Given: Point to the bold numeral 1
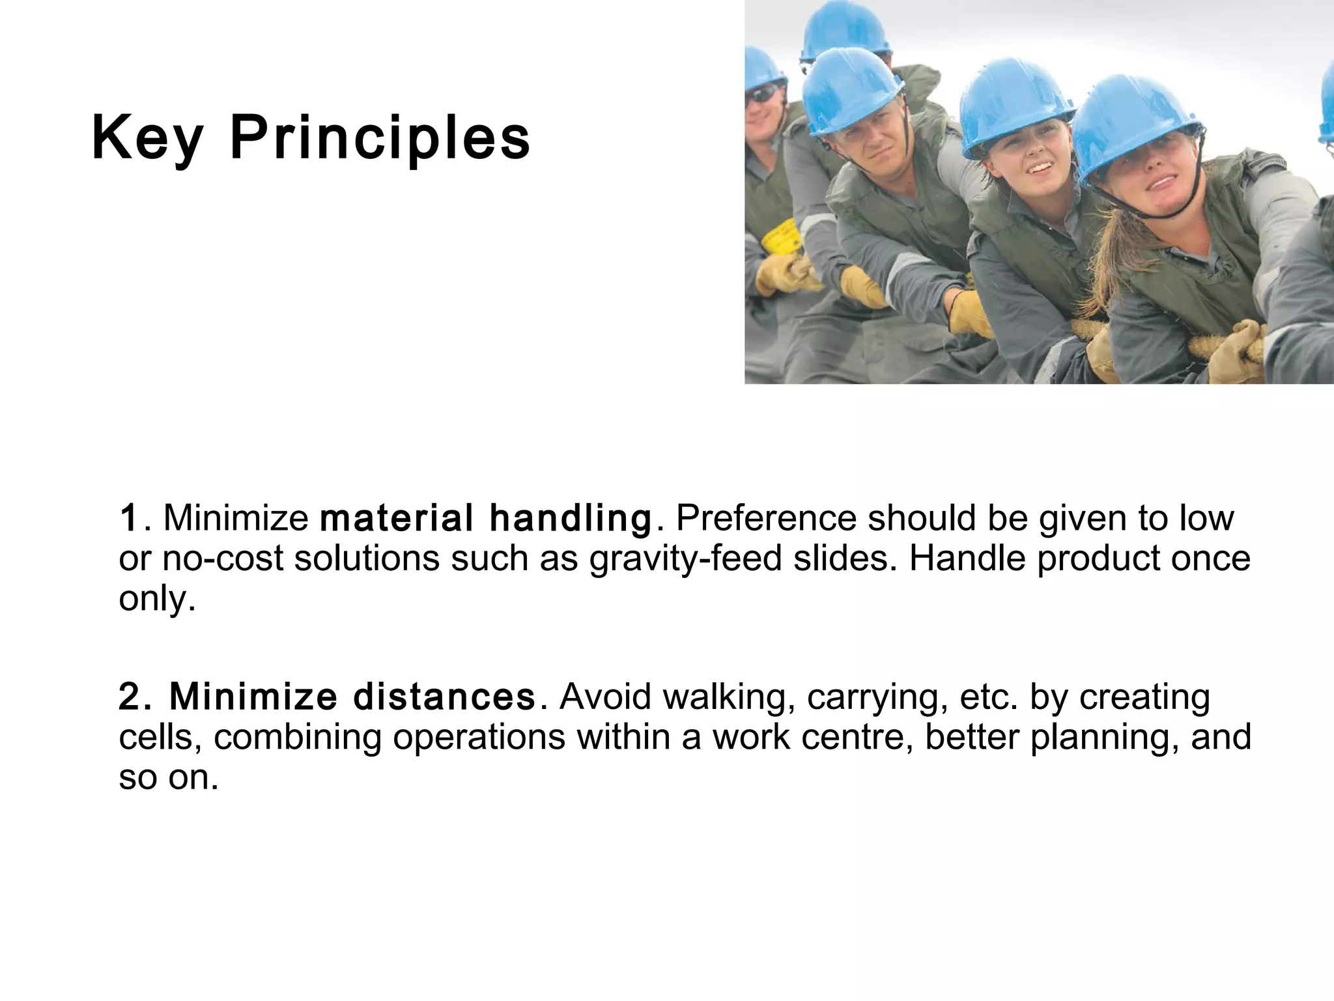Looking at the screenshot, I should [x=128, y=518].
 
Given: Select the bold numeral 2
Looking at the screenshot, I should [x=130, y=697].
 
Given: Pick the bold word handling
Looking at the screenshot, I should [x=570, y=518].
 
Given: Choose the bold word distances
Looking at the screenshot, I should [x=444, y=697].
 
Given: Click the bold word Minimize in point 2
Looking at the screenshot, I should [x=253, y=697].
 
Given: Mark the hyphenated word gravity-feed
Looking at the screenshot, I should [x=685, y=559].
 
